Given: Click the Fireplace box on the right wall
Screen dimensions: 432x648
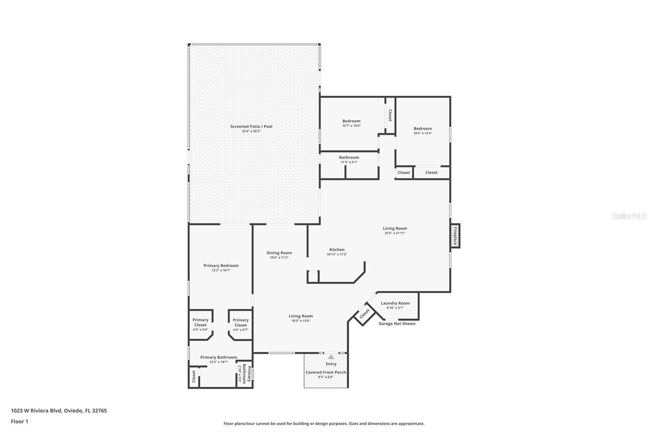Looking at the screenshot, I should (x=455, y=236).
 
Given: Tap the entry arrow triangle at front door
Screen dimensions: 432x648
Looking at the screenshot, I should (x=331, y=357).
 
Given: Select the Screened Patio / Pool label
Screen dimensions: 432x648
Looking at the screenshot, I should (x=251, y=126).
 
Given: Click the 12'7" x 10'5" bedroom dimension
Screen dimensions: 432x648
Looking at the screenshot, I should (x=351, y=126).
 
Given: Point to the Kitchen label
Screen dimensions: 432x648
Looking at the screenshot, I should (x=337, y=250).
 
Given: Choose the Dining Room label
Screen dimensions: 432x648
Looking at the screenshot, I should (x=279, y=253).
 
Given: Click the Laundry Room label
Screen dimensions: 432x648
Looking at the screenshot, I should (x=395, y=303).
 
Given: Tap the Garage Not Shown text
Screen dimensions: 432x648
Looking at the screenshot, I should (x=396, y=323).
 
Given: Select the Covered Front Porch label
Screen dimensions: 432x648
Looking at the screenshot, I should (x=326, y=372).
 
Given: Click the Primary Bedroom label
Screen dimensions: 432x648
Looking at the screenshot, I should (x=221, y=266).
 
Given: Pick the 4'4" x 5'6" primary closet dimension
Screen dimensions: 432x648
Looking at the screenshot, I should (x=200, y=329).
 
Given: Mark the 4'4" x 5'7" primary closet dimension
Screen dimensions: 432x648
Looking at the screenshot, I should (x=240, y=329).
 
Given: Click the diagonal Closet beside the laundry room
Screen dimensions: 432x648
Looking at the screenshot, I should (x=364, y=314).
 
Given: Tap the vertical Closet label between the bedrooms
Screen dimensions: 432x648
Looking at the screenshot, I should (x=390, y=115).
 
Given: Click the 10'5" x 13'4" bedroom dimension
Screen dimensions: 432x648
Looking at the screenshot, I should (x=422, y=133).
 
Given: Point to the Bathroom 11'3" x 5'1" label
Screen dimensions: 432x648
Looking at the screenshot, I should (x=349, y=158).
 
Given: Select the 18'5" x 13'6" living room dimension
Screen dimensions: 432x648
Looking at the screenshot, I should (x=301, y=321).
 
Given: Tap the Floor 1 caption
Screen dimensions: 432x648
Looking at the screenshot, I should (x=19, y=421).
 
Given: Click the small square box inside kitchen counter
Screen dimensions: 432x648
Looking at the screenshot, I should (x=313, y=276).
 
